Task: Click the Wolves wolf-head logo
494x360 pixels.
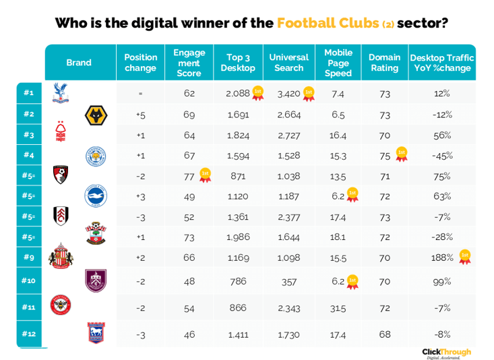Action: tap(96, 115)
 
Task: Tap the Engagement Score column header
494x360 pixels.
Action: tap(189, 63)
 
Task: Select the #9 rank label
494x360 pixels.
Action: tap(28, 257)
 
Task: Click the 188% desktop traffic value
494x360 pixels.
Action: tap(442, 257)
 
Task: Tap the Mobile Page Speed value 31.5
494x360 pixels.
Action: tap(338, 307)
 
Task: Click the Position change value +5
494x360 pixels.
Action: tap(141, 115)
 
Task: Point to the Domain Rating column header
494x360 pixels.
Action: tap(385, 63)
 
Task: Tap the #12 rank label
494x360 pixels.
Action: tap(28, 334)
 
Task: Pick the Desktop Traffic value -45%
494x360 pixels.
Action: tap(442, 156)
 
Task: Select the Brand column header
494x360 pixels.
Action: tap(79, 63)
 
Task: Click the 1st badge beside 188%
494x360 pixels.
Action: tap(464, 256)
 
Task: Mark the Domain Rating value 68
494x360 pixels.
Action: tap(385, 334)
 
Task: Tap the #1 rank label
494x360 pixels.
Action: tap(28, 93)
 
